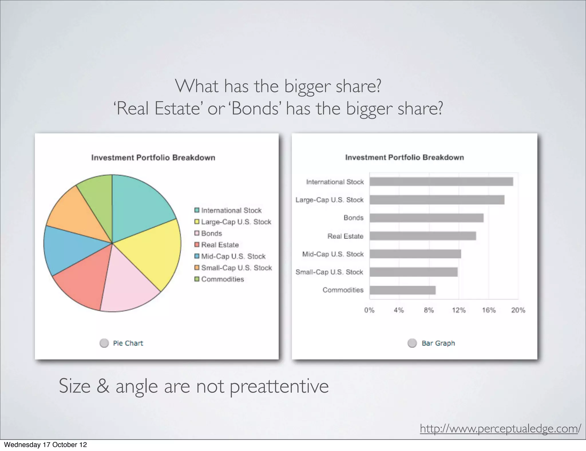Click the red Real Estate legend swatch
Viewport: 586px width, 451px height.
click(197, 245)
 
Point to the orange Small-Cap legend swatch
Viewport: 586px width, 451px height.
click(197, 268)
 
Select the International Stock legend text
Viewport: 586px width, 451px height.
click(231, 210)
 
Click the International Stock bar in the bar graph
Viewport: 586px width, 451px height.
click(441, 182)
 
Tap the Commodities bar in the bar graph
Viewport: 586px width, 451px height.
click(402, 290)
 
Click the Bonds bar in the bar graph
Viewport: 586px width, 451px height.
click(426, 218)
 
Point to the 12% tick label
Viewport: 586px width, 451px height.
click(459, 310)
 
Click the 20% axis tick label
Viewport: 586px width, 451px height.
click(518, 310)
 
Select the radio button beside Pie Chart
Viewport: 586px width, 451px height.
click(104, 343)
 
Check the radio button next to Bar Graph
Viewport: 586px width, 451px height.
click(412, 343)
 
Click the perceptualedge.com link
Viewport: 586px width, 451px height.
click(500, 429)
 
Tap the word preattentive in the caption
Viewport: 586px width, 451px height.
click(279, 386)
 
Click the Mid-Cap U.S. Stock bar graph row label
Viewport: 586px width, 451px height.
click(333, 254)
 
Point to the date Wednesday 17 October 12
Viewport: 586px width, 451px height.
click(45, 445)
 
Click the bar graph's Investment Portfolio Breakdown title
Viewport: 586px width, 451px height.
click(404, 157)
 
